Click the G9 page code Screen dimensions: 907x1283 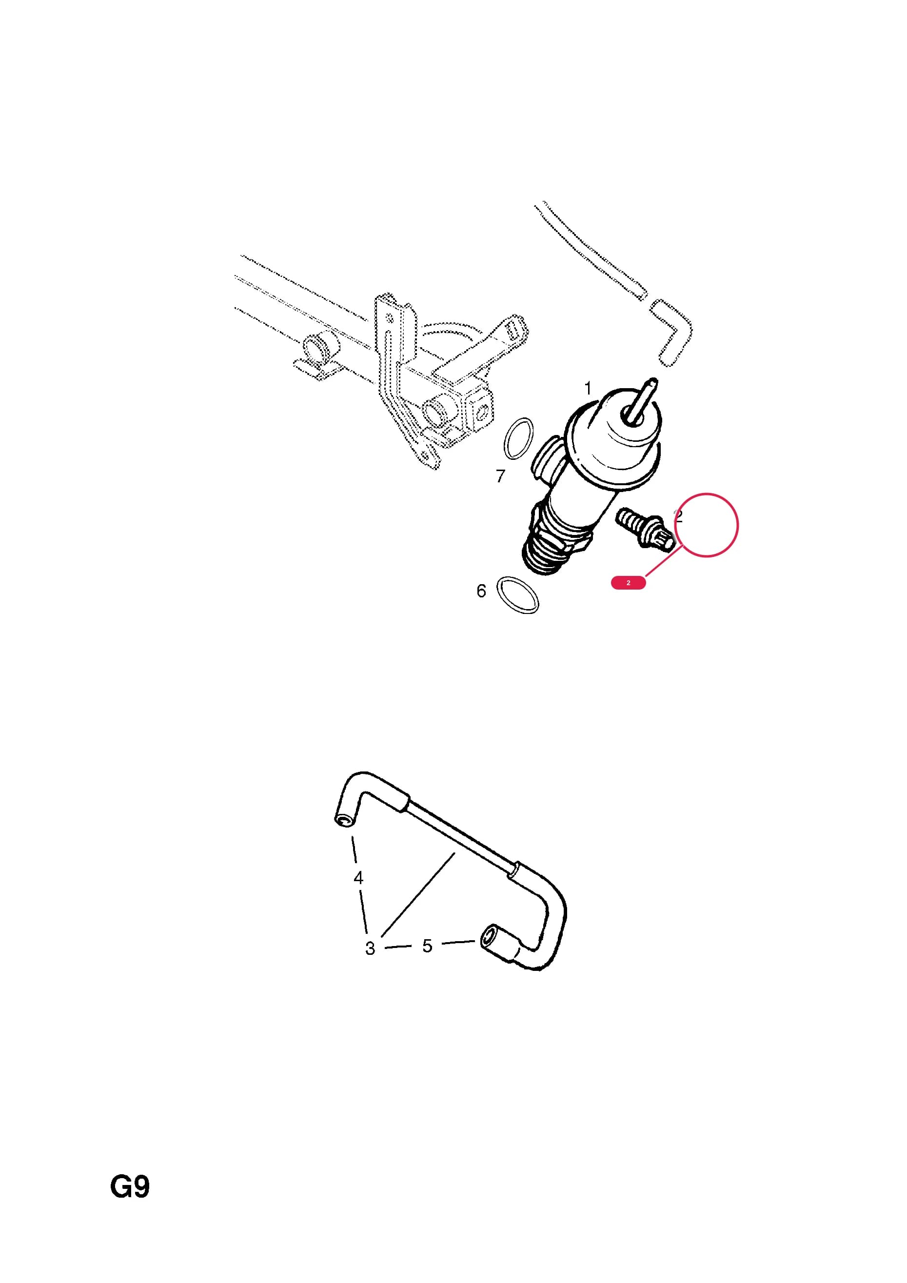pyautogui.click(x=130, y=1187)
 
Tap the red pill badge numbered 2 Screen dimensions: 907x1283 pyautogui.click(x=628, y=583)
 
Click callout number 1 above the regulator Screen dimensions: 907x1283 pyautogui.click(x=587, y=388)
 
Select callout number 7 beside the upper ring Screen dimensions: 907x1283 pyautogui.click(x=501, y=476)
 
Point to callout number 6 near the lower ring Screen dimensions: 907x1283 pyautogui.click(x=481, y=591)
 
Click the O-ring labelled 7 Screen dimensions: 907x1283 pyautogui.click(x=519, y=439)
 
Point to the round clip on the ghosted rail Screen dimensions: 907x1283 pyautogui.click(x=317, y=349)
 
